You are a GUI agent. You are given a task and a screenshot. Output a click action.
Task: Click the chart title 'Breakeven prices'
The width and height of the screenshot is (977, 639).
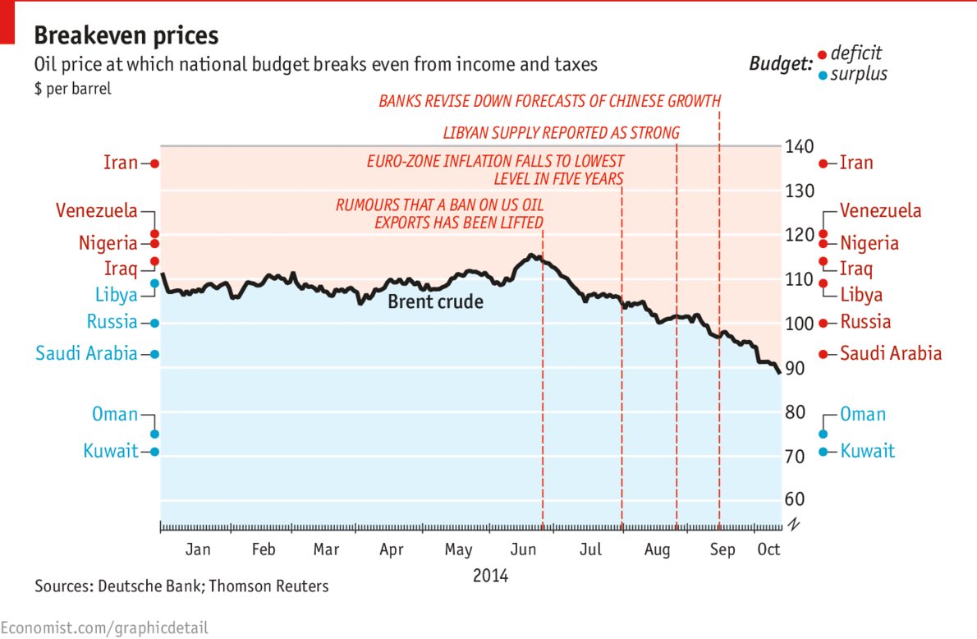pos(126,35)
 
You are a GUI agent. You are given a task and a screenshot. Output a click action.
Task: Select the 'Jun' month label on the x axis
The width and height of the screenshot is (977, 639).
pos(523,549)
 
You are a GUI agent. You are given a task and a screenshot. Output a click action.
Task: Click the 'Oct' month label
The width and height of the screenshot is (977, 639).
pos(768,549)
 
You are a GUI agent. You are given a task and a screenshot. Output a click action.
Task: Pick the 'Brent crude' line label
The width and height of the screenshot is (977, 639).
pos(435,302)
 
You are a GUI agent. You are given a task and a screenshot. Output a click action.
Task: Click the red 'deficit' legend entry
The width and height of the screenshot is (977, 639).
pos(855,53)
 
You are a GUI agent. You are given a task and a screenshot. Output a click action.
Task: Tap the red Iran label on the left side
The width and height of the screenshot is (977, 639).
pos(121,163)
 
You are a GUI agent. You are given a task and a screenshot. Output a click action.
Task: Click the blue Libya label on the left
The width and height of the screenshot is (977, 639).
pos(116,296)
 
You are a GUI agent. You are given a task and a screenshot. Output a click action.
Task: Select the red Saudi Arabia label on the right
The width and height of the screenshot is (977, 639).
pos(891,354)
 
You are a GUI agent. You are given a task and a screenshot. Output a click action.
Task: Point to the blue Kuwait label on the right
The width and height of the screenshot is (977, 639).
pos(867,451)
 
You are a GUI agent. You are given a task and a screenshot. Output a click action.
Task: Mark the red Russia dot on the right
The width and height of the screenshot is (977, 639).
pos(823,323)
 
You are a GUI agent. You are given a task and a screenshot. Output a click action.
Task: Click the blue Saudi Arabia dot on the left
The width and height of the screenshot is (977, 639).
pos(154,354)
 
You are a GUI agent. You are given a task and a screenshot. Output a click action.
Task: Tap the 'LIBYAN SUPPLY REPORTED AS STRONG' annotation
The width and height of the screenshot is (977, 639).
pos(561,132)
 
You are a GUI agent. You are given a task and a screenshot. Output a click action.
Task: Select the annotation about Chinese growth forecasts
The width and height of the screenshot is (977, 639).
pos(549,101)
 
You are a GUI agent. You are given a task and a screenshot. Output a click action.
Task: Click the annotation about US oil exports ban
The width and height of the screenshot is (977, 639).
pos(439,214)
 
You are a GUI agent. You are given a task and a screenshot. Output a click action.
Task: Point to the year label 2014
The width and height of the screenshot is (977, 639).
pos(490,576)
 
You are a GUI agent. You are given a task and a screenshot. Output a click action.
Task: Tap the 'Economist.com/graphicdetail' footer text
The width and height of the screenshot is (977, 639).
pos(104,628)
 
